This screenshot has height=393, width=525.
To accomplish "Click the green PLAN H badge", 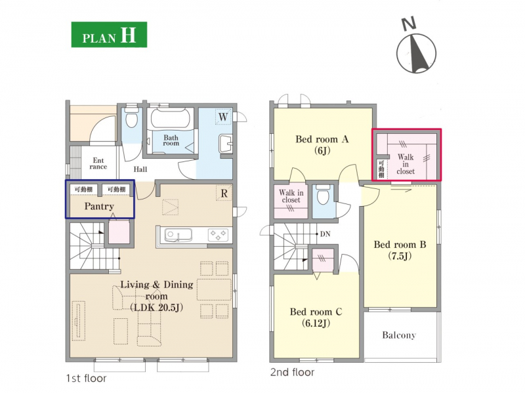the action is click(x=109, y=35).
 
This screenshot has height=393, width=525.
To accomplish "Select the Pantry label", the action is click(x=99, y=206).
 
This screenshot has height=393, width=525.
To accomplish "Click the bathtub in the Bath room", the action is click(x=170, y=118).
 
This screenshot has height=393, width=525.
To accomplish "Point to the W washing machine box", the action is click(x=223, y=117).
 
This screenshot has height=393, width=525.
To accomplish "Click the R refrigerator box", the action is click(x=224, y=193).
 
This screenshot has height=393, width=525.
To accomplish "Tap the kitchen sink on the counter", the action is click(x=178, y=235).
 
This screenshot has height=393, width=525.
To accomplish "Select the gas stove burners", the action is click(x=218, y=234).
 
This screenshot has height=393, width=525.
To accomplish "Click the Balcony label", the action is click(x=399, y=335).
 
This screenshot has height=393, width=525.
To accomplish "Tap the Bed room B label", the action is click(x=400, y=245).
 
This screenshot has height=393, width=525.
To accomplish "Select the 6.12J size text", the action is click(x=316, y=323).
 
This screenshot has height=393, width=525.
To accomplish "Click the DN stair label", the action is click(x=325, y=234).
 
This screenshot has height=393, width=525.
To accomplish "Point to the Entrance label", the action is click(x=98, y=163).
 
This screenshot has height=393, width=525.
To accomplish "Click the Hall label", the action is click(x=140, y=169).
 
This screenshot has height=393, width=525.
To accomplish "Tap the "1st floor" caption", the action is click(x=87, y=379).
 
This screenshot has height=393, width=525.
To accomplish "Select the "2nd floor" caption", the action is click(x=292, y=372).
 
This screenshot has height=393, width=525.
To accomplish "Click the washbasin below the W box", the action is click(x=225, y=144).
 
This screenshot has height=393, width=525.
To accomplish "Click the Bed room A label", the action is click(x=322, y=139).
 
